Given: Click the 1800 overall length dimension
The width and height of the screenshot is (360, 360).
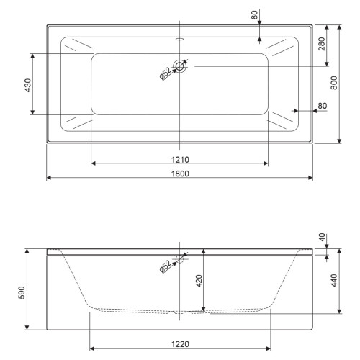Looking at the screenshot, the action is [180, 174].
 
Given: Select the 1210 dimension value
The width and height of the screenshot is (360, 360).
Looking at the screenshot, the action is [180, 159].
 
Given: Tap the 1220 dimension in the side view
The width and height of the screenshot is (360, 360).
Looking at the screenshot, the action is [180, 344].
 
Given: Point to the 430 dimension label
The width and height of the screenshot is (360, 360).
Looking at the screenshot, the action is [28, 85].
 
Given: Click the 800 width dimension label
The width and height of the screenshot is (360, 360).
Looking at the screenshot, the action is [334, 83].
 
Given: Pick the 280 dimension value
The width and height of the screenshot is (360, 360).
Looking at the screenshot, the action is [321, 44].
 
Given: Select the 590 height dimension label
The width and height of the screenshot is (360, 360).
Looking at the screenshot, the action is [22, 292].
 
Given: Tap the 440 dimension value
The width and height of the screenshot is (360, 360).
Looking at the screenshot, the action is [334, 280].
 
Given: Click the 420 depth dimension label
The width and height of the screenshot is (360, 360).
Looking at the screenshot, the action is [199, 281].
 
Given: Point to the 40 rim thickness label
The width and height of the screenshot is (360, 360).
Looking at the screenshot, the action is [323, 237].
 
